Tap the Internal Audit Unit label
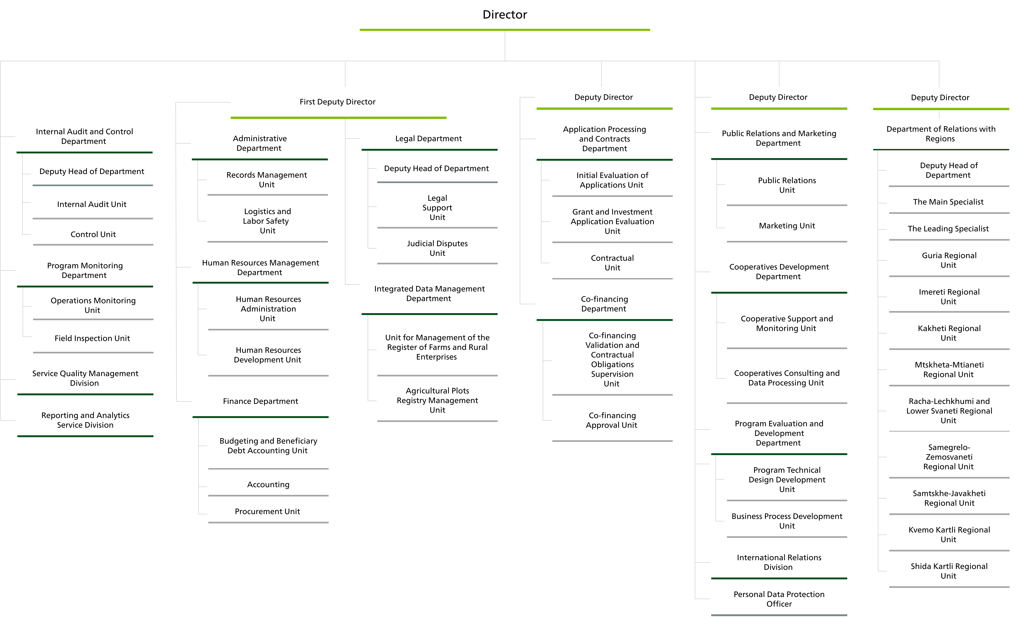[92, 204]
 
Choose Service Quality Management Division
[85, 378]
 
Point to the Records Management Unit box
[267, 180]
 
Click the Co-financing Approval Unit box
[612, 420]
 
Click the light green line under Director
[505, 30]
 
